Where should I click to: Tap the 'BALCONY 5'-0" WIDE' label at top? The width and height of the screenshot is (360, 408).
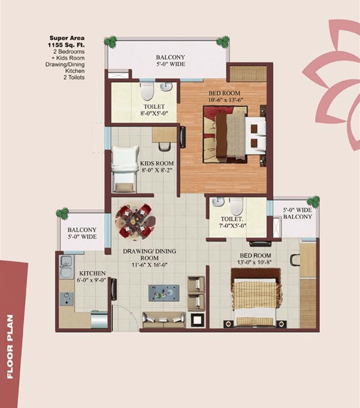(x=170, y=60)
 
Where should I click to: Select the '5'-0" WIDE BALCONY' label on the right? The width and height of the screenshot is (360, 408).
(x=298, y=213)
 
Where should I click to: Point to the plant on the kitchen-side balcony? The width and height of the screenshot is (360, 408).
(x=62, y=212)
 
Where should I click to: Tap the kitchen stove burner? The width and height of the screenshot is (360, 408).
(x=67, y=298)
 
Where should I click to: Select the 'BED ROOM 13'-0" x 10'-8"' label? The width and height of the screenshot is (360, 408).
(x=254, y=259)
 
